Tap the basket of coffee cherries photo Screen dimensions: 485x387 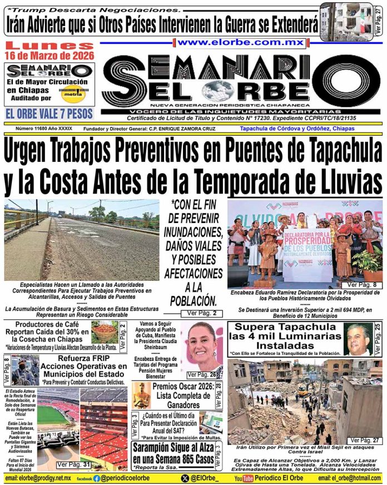point(105,332)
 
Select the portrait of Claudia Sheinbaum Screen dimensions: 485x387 point(202,347)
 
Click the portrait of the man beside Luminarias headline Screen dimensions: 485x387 point(358,338)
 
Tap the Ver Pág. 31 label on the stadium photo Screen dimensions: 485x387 point(73,464)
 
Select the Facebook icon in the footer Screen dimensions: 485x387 point(97,478)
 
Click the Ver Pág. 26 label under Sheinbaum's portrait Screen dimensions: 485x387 point(201,374)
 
